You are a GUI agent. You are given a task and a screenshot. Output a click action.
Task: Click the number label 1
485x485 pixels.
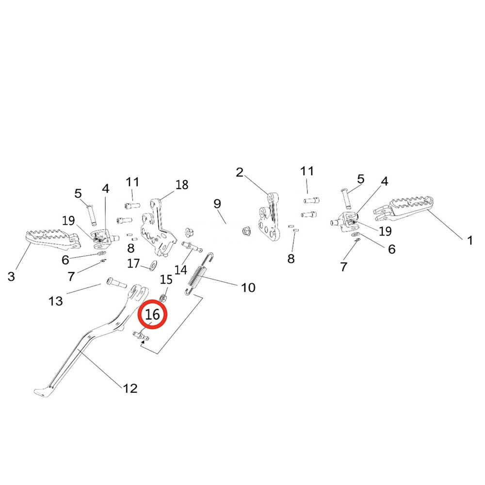coord(469,240)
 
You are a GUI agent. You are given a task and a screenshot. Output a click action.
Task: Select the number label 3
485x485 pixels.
coord(11,276)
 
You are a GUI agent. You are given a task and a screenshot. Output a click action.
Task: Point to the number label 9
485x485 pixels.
coord(217,203)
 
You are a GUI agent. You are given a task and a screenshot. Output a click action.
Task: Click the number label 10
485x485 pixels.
coord(248,288)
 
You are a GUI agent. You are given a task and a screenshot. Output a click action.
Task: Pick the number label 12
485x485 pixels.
coord(130,388)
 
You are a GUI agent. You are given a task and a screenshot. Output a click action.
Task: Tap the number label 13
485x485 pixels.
coord(56,301)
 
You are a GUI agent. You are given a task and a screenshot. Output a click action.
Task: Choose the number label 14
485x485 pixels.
coord(181,270)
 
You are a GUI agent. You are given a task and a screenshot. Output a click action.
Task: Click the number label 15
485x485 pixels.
coord(166,280)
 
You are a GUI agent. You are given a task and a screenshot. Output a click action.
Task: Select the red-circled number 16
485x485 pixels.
coord(152,315)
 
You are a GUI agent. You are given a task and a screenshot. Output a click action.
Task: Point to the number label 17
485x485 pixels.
coord(133,264)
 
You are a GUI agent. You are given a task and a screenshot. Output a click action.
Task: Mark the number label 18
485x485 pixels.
coord(182,185)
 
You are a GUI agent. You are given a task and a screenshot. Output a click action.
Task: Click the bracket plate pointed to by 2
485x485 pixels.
coord(269,218)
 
